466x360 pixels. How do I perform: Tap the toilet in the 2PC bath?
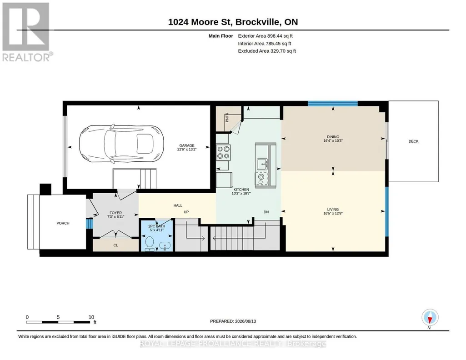149,244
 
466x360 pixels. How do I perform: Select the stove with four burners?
223,152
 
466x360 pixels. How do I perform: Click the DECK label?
413,141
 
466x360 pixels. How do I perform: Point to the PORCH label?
63,223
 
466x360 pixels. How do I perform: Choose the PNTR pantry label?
227,117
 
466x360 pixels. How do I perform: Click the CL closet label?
115,245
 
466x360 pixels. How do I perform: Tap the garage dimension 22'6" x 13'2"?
187,150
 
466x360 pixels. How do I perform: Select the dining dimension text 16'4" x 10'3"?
333,141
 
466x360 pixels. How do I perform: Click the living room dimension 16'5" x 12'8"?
333,213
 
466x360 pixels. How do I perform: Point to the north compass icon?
430,318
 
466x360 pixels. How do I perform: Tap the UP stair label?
186,212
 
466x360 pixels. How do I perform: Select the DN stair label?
266,212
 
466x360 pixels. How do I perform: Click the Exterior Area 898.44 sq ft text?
265,36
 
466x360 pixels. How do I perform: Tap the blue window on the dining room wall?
332,104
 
